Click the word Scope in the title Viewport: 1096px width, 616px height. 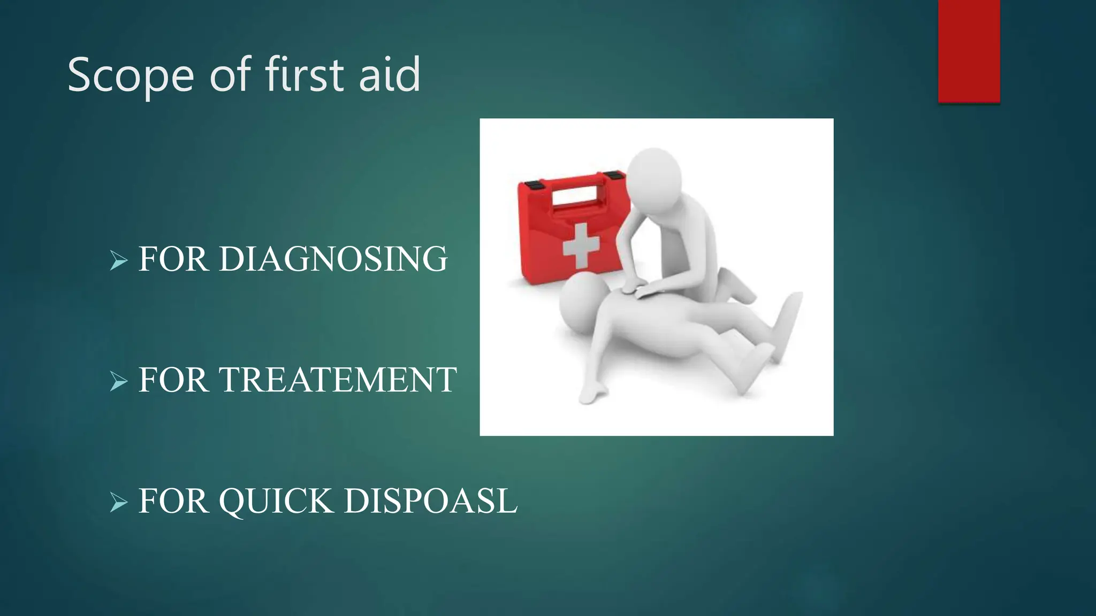(x=131, y=76)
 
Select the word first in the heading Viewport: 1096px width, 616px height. (x=305, y=75)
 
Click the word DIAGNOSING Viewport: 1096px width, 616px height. (x=333, y=259)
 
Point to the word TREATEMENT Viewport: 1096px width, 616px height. (x=338, y=380)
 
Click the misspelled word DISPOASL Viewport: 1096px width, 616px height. (x=431, y=501)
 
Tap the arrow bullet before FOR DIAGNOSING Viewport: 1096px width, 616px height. (x=119, y=261)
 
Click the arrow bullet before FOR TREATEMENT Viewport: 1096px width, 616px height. (x=119, y=382)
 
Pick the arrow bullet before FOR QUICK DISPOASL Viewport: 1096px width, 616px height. (x=119, y=503)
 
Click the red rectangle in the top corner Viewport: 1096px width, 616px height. (x=969, y=51)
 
